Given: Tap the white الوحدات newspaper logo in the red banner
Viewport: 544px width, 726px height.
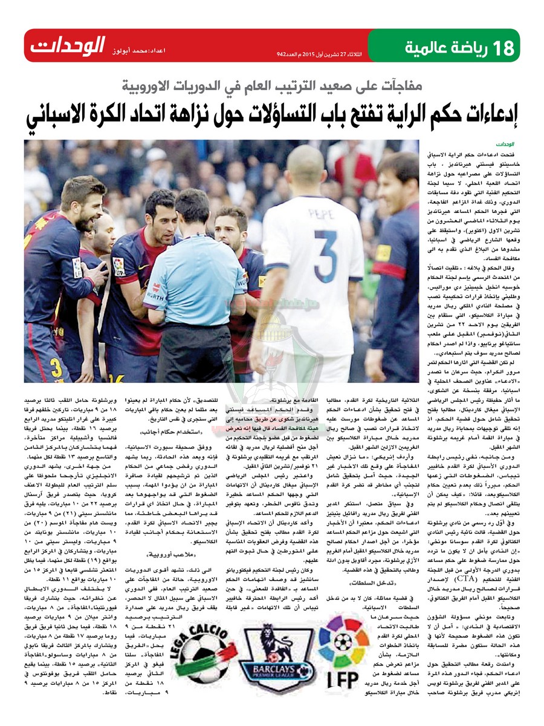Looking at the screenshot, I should point(68,45).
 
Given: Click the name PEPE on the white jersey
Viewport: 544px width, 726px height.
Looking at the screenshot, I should point(322,213).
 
